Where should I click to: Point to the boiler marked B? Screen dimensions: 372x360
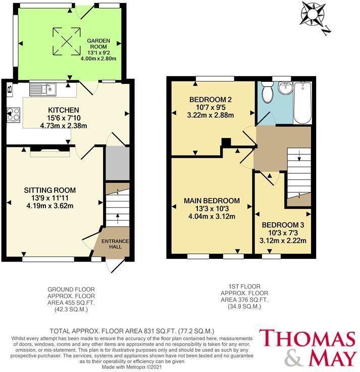pos(9,90)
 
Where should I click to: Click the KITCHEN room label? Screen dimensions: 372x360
pos(63,110)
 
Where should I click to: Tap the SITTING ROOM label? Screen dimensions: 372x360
pos(50,190)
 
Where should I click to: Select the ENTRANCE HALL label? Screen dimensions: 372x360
pos(117,243)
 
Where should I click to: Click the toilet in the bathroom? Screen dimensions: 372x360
pos(268,93)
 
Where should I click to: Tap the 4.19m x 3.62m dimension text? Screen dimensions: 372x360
pos(50,205)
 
